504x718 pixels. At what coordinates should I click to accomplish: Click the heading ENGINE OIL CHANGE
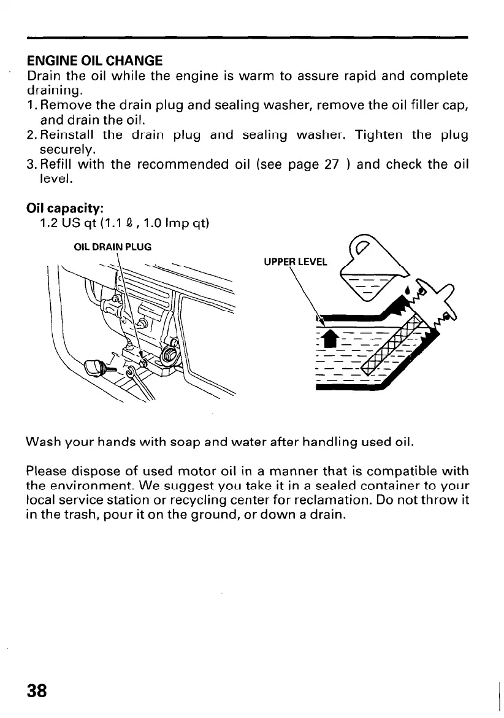(x=95, y=61)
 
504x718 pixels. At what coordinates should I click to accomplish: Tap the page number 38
(x=37, y=690)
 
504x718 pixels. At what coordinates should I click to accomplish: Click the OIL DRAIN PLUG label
(x=112, y=247)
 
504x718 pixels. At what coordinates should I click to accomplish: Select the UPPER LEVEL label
(x=296, y=262)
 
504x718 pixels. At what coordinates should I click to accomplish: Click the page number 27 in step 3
(x=331, y=164)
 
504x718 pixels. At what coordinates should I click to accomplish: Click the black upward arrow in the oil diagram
(x=328, y=339)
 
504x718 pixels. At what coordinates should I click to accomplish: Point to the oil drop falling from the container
(x=408, y=288)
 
